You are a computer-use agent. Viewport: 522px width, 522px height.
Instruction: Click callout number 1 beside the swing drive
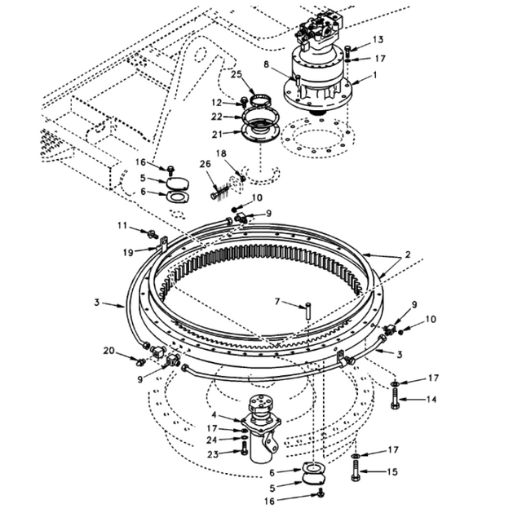coord(374,74)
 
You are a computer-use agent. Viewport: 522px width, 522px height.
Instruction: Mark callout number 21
coord(216,135)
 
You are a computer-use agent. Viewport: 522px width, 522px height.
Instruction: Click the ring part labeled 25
coord(261,101)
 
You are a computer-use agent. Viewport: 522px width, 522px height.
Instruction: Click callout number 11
coord(121,224)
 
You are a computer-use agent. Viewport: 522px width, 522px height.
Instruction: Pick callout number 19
coord(127,252)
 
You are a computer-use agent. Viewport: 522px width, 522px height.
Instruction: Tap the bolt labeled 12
coord(244,102)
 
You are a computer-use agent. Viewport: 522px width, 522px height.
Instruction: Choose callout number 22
coord(216,117)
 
